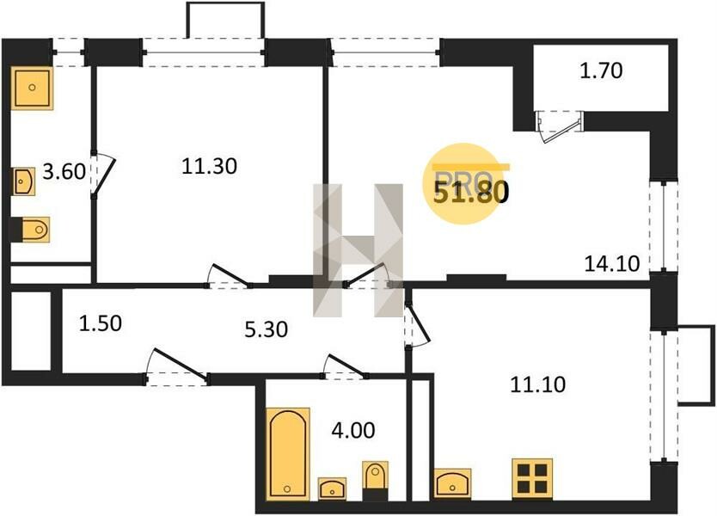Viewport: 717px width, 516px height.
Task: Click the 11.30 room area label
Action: pos(209,166)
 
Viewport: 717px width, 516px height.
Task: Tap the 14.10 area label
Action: pos(612,263)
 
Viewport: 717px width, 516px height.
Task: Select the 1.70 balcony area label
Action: pos(601,71)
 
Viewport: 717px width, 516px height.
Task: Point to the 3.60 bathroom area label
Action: pos(64,171)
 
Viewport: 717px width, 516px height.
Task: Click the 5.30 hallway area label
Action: pos(267,329)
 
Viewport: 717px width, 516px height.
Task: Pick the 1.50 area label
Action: pos(100,323)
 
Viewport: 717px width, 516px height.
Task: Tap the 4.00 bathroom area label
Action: pos(353,430)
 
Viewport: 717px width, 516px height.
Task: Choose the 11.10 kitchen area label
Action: pos(538,384)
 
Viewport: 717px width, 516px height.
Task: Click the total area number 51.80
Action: pos(470,192)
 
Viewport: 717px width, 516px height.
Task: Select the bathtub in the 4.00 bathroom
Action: pos(288,454)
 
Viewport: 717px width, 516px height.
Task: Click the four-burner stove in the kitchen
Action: pos(532,478)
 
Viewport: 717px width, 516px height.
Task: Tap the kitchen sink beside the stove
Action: pos(452,483)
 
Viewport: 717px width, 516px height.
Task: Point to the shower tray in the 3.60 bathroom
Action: pos(32,88)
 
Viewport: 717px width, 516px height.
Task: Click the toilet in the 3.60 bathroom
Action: pos(32,229)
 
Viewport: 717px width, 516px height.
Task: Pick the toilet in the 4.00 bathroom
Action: pos(376,481)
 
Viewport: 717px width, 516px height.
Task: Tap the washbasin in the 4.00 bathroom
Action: pos(332,488)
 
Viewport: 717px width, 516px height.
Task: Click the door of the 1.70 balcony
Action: pos(560,126)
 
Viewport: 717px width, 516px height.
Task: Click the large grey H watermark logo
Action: pos(358,250)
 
